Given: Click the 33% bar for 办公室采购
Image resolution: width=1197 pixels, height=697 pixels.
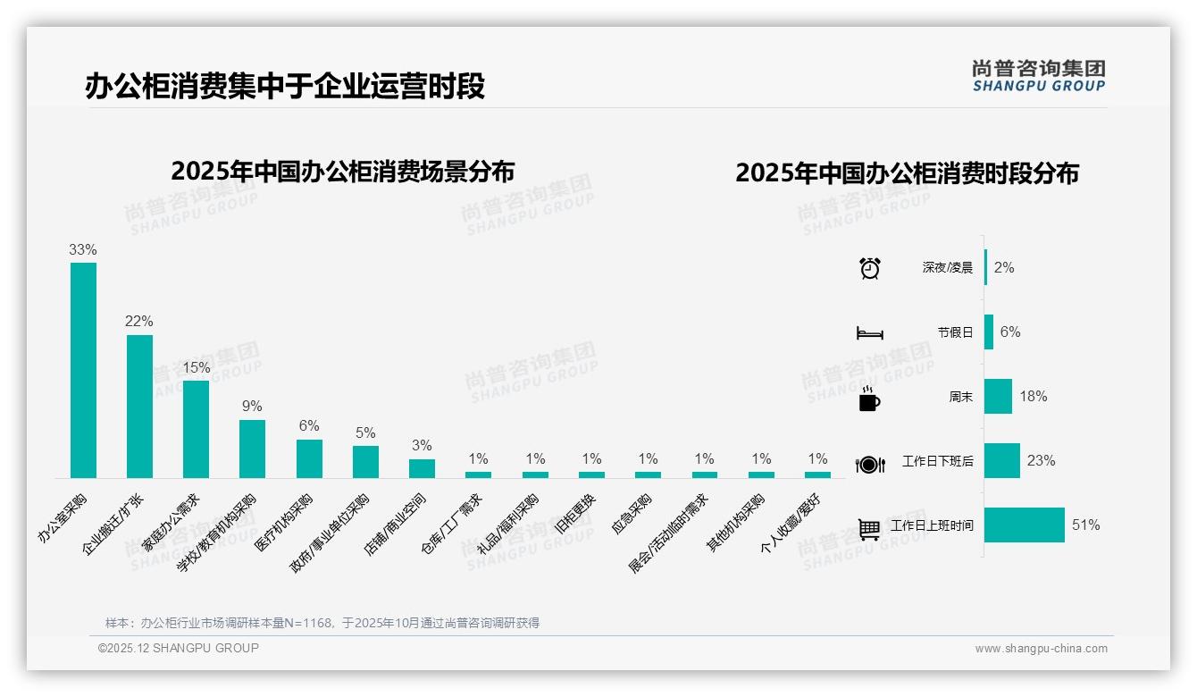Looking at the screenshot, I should (83, 370).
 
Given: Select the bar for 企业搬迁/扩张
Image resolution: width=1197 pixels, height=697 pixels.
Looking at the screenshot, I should (139, 407).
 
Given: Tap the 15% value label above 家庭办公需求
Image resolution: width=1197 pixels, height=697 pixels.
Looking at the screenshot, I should (196, 367).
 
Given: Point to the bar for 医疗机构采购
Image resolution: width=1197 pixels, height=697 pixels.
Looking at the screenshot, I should (309, 458).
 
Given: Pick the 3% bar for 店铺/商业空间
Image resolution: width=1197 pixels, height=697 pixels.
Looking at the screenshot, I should (422, 468).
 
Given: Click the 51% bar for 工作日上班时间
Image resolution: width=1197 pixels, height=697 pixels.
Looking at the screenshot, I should (1025, 525).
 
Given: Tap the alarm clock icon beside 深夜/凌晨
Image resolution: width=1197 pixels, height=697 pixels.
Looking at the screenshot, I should (869, 268).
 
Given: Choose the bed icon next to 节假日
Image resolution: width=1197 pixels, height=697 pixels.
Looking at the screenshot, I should (869, 332).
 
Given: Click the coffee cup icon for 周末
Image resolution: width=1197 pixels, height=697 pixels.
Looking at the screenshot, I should (869, 398).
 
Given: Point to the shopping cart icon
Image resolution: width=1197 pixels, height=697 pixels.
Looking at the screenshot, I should (869, 528).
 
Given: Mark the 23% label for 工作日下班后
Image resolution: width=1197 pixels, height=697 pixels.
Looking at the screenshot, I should (1041, 461).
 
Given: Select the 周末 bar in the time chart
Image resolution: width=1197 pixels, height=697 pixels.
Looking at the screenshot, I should (998, 397).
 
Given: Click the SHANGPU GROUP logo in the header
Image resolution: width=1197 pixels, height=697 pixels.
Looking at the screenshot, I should (1038, 75).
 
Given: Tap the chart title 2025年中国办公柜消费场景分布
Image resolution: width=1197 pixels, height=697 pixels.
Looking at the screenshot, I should (342, 171).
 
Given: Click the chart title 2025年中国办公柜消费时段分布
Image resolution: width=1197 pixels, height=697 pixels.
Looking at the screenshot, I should (907, 173).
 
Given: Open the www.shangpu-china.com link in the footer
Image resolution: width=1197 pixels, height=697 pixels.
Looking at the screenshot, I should (1041, 649).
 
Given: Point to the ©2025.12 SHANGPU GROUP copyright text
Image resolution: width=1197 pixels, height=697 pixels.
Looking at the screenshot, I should (179, 648).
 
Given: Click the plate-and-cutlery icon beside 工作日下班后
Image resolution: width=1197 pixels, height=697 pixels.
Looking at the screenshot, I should (869, 464).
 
